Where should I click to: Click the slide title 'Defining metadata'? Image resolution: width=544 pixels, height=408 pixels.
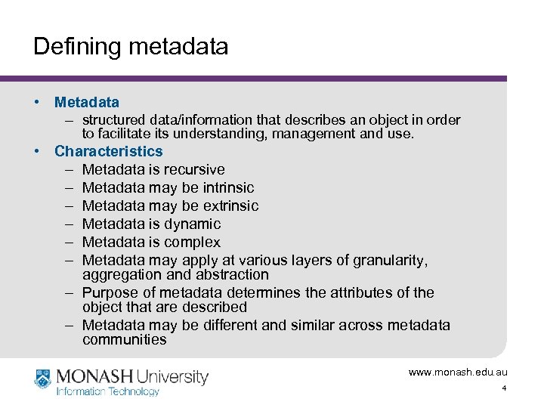131,47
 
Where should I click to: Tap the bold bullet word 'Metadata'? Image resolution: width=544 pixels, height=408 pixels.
87,102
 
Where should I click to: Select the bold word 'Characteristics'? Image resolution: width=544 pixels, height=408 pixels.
109,151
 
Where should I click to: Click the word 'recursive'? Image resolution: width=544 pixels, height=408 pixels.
193,169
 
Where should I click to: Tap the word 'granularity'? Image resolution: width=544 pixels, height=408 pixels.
389,261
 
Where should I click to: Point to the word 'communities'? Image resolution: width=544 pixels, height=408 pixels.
125,339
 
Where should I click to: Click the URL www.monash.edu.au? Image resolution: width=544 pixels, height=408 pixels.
458,372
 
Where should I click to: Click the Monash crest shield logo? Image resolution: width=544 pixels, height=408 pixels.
43,377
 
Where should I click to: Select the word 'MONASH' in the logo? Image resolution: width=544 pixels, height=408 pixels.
94,376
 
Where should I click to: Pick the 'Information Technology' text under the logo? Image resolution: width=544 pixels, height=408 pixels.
108,391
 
